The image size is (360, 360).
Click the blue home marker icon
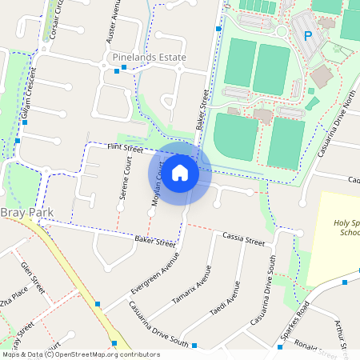180,172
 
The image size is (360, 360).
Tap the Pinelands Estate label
150,58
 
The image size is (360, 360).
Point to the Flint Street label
124,148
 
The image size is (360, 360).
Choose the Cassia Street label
243,239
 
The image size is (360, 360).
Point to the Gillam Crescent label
30,102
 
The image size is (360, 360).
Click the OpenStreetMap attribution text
80,354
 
